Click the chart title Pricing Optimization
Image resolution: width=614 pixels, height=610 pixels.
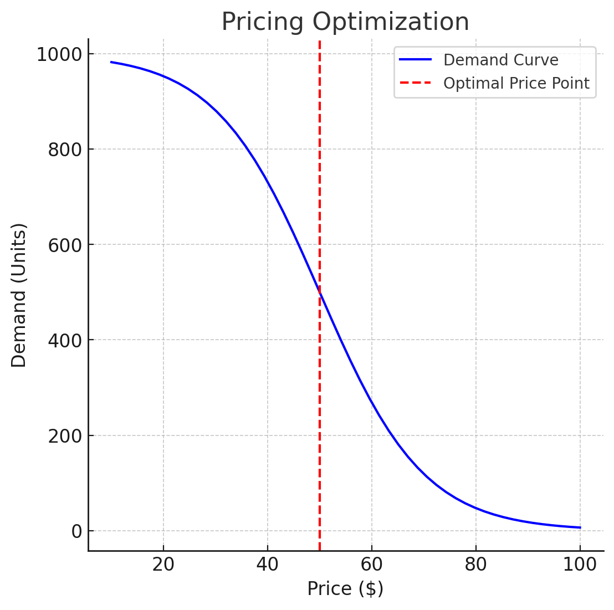coord(345,22)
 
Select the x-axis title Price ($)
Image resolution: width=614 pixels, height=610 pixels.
coord(345,588)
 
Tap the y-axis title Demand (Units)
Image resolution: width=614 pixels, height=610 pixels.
coord(19,295)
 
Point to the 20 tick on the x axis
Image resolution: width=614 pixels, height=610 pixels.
coord(163,565)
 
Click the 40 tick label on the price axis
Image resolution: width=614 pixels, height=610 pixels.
coord(267,565)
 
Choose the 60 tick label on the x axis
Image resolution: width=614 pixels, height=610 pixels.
coord(371,565)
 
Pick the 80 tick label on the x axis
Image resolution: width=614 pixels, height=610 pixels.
coord(475,565)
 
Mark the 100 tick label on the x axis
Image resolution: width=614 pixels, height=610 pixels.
coord(580,565)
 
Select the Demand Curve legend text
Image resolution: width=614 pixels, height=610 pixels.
coord(500,60)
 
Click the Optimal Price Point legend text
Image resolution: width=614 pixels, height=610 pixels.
coord(516,83)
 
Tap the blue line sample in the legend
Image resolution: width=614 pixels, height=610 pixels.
coord(415,60)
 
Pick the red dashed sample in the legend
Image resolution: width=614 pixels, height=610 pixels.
coord(415,83)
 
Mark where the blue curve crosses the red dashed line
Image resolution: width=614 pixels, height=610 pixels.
coord(320,293)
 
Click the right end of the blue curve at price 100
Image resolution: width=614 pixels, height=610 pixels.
coord(580,527)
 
